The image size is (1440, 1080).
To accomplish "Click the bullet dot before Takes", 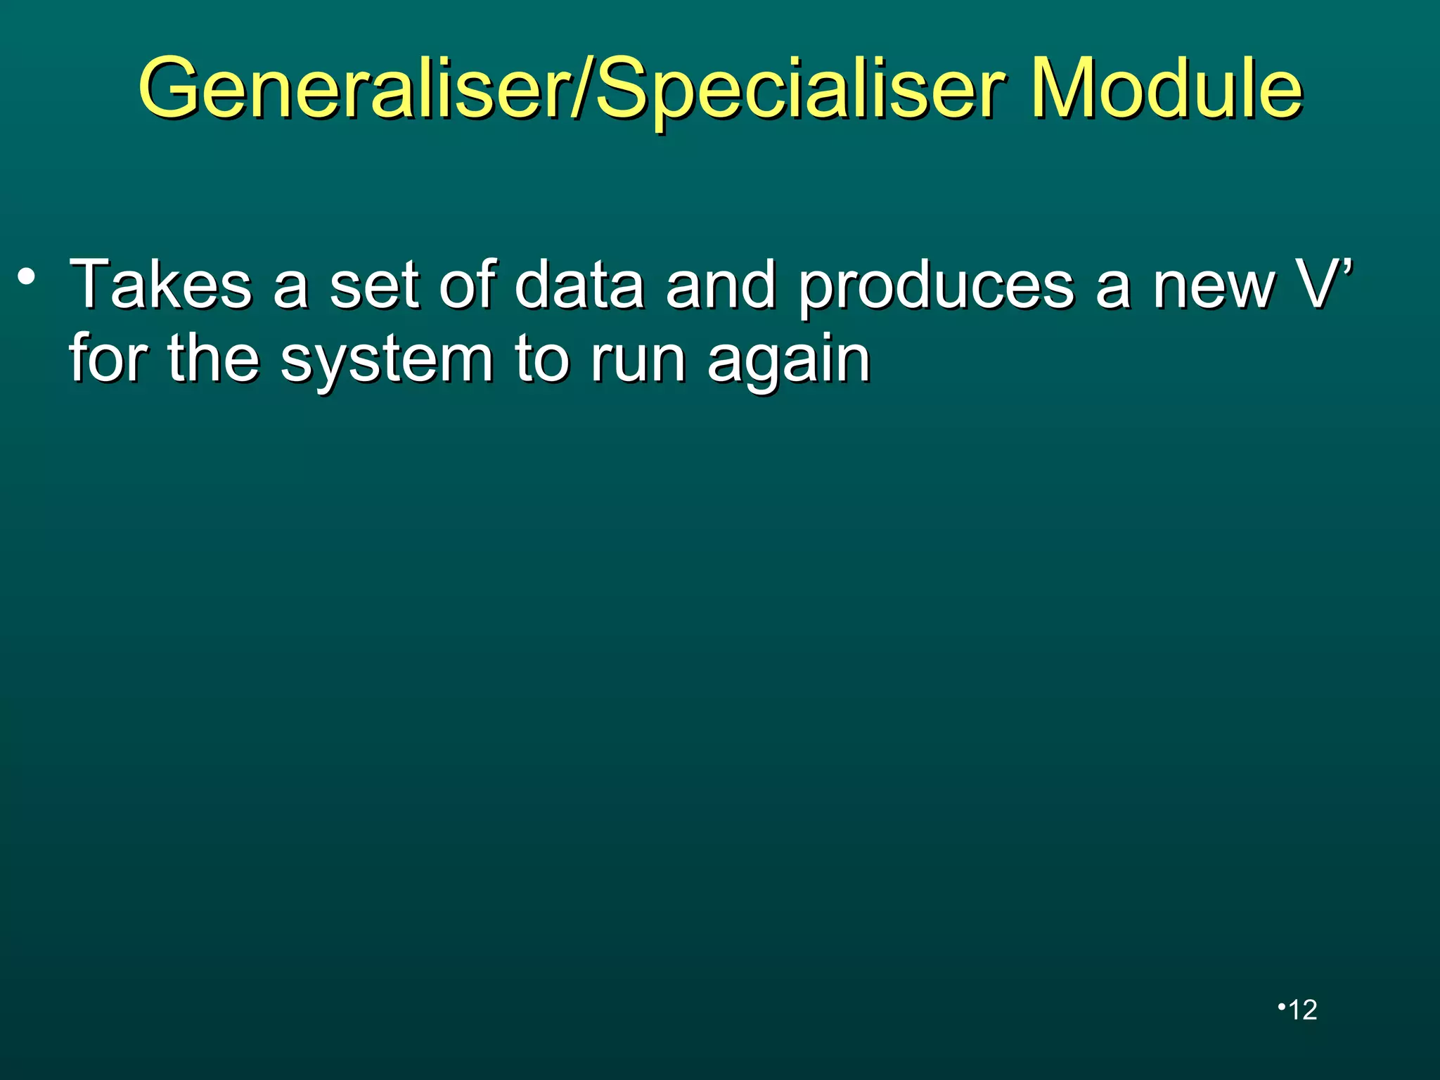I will pos(27,276).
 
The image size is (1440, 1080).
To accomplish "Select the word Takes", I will pos(161,284).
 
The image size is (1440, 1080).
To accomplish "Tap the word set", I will pos(373,284).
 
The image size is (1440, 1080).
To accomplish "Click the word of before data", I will pos(468,284).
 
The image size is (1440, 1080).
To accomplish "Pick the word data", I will pos(579,284).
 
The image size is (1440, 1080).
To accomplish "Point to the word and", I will pos(721,284).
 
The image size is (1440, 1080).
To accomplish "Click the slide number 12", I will pos(1301,1010).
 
